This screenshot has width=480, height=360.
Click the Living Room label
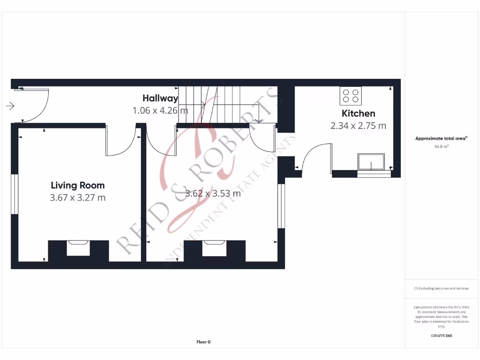click(x=77, y=185)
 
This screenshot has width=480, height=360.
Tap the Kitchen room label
click(x=358, y=113)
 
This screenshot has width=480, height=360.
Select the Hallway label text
click(x=160, y=98)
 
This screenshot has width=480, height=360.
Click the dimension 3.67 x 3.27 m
click(x=77, y=198)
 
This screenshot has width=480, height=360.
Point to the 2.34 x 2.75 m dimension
click(x=358, y=126)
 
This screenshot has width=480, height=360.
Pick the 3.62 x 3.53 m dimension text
click(x=213, y=193)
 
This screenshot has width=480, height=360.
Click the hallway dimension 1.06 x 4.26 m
click(x=160, y=111)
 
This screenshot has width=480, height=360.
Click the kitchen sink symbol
click(x=371, y=162)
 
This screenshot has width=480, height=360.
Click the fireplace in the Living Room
click(x=78, y=247)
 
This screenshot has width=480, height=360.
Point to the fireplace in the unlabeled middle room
click(x=214, y=247)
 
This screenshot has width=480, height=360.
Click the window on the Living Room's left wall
click(x=15, y=194)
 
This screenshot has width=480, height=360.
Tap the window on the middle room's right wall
click(x=281, y=206)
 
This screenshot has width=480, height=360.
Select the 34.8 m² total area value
click(x=441, y=147)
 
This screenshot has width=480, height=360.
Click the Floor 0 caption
click(x=203, y=342)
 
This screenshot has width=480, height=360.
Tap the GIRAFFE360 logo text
click(x=441, y=336)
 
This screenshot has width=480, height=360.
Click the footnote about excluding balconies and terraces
click(x=441, y=289)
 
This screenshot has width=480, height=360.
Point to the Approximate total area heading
click(x=441, y=138)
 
